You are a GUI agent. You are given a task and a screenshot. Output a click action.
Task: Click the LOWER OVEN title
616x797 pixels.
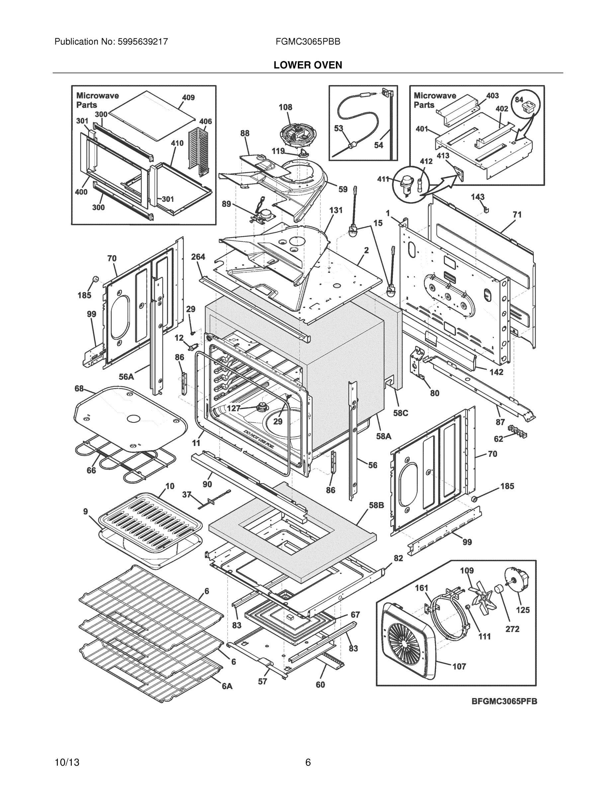click(308, 65)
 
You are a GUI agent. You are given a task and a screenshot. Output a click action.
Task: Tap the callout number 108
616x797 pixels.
click(285, 107)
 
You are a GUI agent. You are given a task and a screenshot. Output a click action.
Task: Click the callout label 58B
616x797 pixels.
click(376, 505)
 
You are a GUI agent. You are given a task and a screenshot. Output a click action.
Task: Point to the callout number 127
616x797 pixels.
click(233, 408)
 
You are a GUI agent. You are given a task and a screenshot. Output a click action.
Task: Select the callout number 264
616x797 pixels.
click(198, 257)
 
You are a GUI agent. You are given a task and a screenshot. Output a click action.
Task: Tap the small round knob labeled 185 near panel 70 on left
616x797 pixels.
click(95, 279)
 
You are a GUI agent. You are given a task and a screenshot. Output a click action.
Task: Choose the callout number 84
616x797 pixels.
click(519, 100)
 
